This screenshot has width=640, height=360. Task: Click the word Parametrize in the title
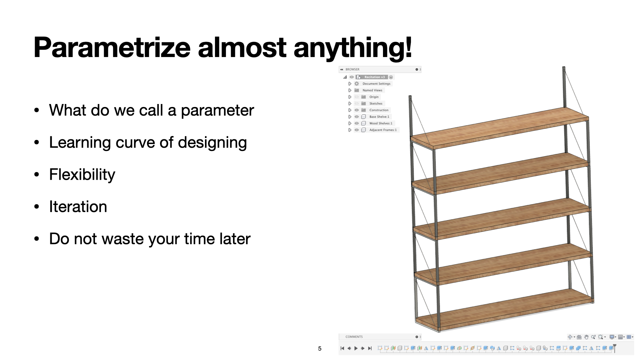(x=112, y=48)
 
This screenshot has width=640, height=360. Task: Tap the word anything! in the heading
(x=353, y=48)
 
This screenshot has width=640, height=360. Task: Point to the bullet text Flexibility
(x=82, y=175)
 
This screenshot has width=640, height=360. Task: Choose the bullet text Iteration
(x=78, y=207)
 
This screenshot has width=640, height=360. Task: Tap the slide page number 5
(x=320, y=349)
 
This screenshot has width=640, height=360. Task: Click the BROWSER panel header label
(x=352, y=69)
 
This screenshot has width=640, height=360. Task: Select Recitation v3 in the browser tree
(x=374, y=77)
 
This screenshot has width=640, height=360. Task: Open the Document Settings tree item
(x=376, y=84)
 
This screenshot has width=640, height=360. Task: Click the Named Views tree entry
(x=372, y=90)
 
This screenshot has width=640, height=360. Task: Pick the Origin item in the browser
(x=374, y=97)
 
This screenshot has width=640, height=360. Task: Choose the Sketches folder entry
(x=376, y=104)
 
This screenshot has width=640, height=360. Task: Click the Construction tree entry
(x=379, y=110)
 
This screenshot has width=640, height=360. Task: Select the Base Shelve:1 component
(x=379, y=117)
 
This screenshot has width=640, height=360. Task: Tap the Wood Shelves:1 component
(x=381, y=123)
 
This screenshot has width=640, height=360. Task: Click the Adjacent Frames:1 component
(x=383, y=130)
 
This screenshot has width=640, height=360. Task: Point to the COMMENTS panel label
(x=354, y=337)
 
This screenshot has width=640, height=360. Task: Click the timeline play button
(x=356, y=348)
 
